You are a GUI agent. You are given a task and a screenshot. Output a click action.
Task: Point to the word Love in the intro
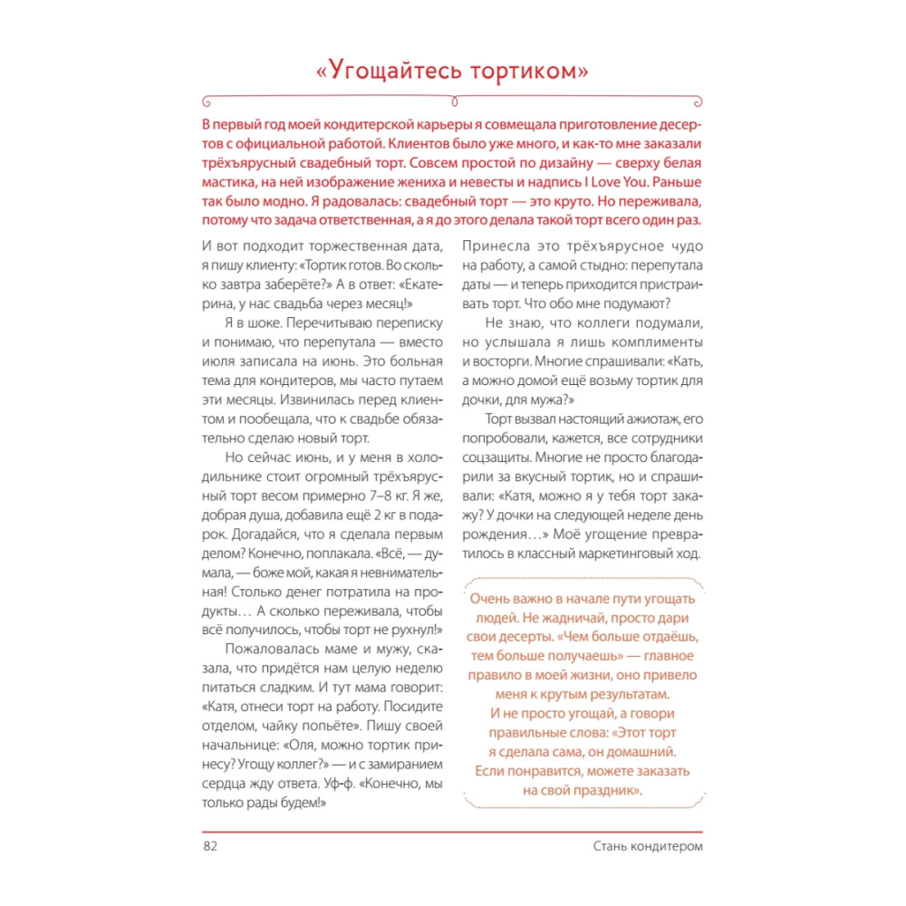pos(645,183)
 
